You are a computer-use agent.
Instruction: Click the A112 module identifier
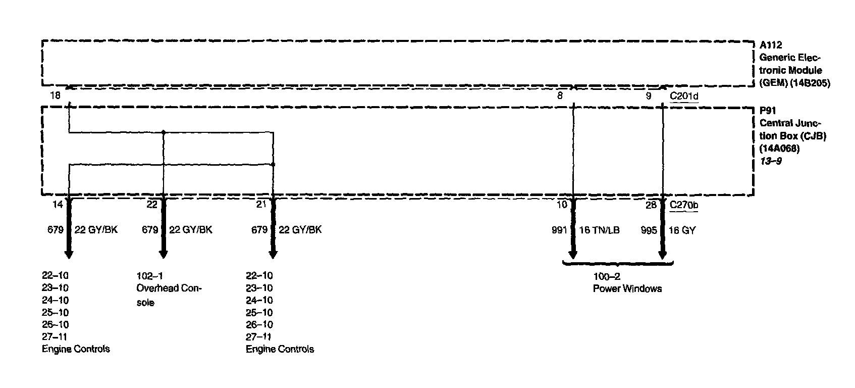[771, 45]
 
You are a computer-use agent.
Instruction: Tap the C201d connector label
[684, 95]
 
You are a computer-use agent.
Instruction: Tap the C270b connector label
[684, 205]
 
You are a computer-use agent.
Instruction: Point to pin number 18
[55, 95]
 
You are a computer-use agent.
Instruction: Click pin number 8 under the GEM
[560, 95]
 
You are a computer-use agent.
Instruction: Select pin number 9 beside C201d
[649, 95]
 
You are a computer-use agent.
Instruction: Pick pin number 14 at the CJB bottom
[58, 205]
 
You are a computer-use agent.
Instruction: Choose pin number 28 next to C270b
[651, 205]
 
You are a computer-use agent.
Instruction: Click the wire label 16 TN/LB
[599, 230]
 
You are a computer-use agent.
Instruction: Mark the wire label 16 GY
[682, 230]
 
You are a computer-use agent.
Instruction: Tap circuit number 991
[559, 230]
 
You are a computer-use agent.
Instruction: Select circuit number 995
[649, 230]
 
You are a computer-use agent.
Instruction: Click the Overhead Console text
[169, 295]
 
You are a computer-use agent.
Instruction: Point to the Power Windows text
[627, 289]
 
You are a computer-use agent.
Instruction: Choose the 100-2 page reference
[607, 276]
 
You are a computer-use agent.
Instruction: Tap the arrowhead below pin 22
[164, 253]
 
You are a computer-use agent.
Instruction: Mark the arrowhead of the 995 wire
[663, 253]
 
